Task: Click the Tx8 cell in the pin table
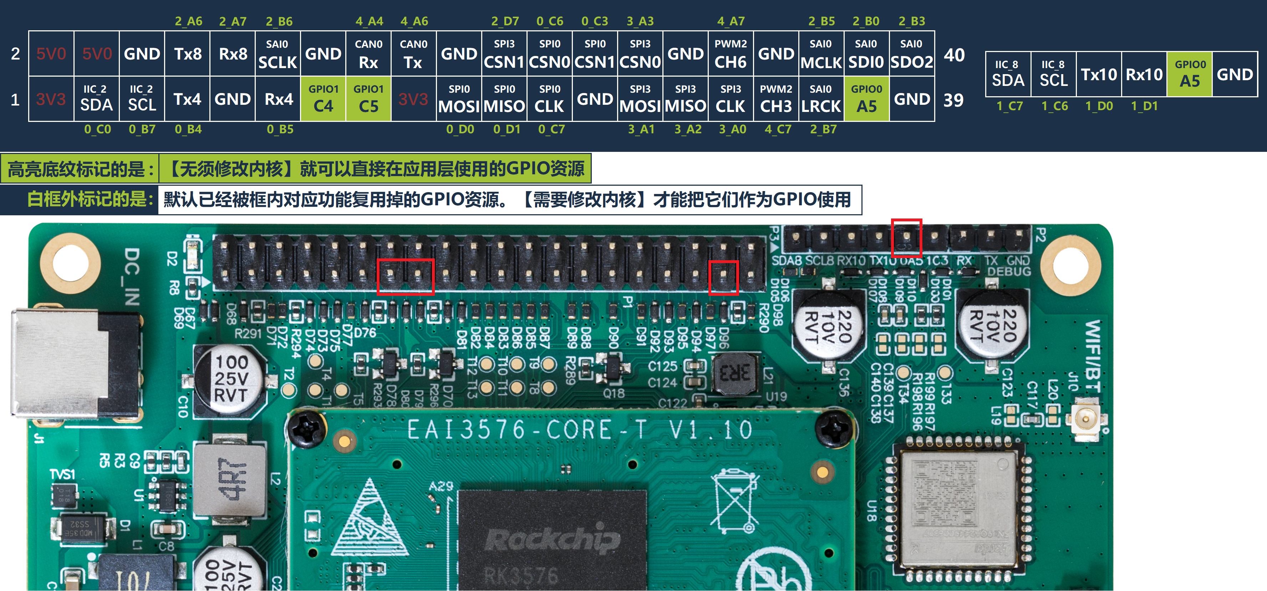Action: pyautogui.click(x=187, y=53)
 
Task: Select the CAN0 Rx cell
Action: pyautogui.click(x=368, y=53)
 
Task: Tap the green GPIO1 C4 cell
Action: pyautogui.click(x=323, y=99)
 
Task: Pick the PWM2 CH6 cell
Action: pyautogui.click(x=731, y=53)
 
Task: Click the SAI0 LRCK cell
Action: pyautogui.click(x=821, y=99)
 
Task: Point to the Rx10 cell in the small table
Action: pyautogui.click(x=1144, y=74)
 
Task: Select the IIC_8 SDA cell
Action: pyautogui.click(x=1008, y=74)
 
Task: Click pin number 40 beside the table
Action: pyautogui.click(x=954, y=55)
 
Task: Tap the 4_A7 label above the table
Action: pyautogui.click(x=731, y=21)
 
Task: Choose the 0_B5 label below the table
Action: pyautogui.click(x=280, y=129)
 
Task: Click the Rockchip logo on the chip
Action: pyautogui.click(x=552, y=539)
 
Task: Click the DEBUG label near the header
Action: pyautogui.click(x=1009, y=271)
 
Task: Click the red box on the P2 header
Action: pyautogui.click(x=906, y=237)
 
